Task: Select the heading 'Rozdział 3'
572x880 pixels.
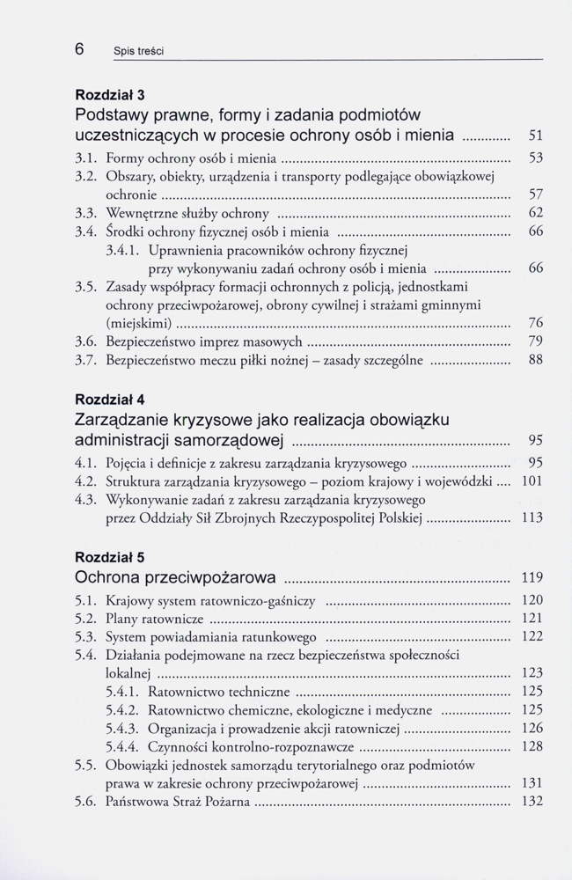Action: pyautogui.click(x=110, y=94)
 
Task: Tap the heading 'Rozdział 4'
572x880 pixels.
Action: pyautogui.click(x=110, y=400)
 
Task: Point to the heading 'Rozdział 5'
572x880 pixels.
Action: pyautogui.click(x=110, y=557)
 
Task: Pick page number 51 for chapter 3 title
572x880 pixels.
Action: pyautogui.click(x=533, y=136)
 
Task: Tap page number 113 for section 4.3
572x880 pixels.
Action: pyautogui.click(x=532, y=517)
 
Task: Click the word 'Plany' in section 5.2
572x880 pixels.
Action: pyautogui.click(x=122, y=618)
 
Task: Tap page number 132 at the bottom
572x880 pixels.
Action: pyautogui.click(x=532, y=802)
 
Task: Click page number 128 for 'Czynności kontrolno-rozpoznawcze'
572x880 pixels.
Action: pyautogui.click(x=532, y=746)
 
